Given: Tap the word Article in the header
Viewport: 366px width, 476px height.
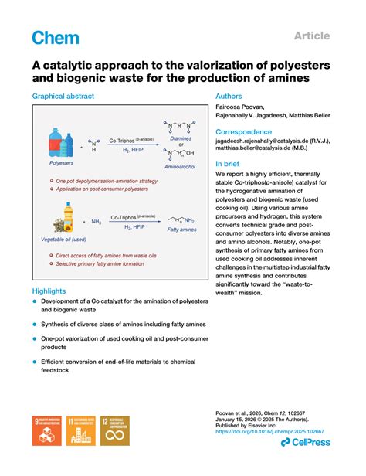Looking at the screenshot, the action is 312,36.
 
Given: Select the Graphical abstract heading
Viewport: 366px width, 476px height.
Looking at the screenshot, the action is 63,97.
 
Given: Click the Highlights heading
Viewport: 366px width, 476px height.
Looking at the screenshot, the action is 49,291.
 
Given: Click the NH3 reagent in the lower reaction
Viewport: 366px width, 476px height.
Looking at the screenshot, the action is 97,221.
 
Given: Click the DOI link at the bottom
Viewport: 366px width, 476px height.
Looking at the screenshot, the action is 269,431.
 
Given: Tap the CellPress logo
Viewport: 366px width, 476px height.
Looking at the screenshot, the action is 306,441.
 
